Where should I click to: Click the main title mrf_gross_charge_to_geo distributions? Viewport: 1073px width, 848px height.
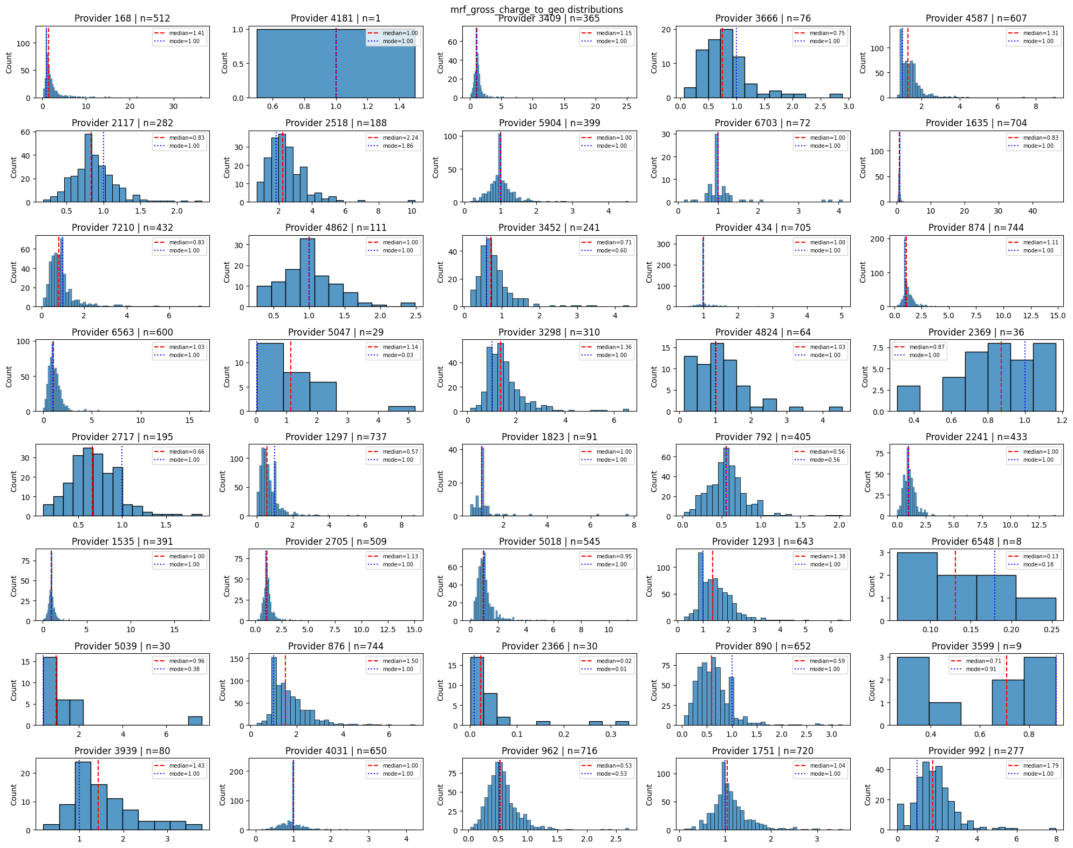click(x=536, y=9)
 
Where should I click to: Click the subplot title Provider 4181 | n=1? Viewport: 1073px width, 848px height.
click(x=336, y=18)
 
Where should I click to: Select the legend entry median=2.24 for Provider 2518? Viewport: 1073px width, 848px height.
click(x=400, y=138)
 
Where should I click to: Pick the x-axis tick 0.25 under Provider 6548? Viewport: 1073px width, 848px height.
click(x=1051, y=629)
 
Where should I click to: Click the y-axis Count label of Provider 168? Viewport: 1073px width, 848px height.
click(x=9, y=63)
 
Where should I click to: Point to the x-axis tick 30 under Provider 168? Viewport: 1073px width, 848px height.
click(x=173, y=106)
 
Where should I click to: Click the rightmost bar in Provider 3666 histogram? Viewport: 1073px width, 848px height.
click(x=836, y=96)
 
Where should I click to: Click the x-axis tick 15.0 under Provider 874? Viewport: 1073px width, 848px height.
click(x=1057, y=316)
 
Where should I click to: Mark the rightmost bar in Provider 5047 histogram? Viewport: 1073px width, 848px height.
click(x=402, y=409)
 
